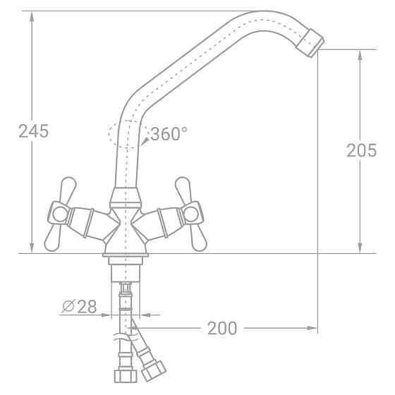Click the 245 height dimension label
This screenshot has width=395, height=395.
coord(33,130)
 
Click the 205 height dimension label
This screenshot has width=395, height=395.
coord(361,150)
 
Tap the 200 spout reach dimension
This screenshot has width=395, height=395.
coord(222,328)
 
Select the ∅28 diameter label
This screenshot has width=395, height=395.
coord(79,307)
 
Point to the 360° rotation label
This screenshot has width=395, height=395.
coord(170,133)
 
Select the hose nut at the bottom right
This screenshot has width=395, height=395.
coord(154,369)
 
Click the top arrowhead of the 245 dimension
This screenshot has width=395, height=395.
coord(32,16)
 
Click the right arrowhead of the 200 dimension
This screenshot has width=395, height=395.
coord(311,328)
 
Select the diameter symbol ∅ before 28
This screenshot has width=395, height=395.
coord(68,307)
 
